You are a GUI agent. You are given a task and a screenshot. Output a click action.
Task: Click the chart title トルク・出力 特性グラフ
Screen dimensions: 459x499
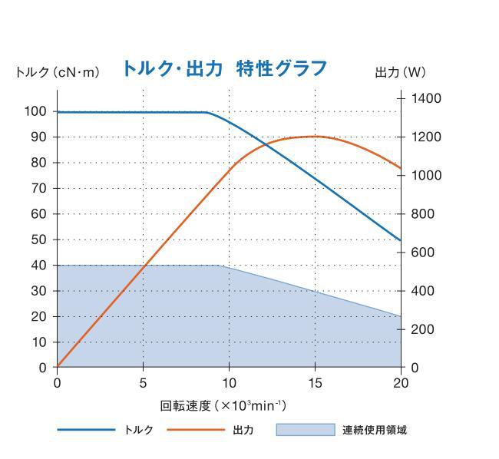(224, 68)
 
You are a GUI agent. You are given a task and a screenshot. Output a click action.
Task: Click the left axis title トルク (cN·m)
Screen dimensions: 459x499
(58, 73)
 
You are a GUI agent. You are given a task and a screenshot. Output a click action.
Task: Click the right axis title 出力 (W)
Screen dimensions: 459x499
(399, 73)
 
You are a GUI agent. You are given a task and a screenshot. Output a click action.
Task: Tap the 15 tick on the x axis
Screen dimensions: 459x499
(315, 382)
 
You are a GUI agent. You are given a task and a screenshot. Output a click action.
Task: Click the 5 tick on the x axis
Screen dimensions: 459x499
(143, 382)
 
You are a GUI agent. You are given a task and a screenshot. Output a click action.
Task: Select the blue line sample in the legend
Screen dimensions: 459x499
(86, 430)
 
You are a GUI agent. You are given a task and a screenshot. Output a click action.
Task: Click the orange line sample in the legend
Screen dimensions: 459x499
(195, 430)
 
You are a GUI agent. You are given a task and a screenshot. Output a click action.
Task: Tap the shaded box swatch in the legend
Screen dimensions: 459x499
(306, 430)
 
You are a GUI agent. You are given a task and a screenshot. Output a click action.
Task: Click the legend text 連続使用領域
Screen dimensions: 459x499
(374, 430)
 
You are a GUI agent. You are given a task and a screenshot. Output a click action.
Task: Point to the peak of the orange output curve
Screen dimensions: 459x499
(315, 136)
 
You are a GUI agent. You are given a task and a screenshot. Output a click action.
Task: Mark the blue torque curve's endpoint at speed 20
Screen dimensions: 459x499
(401, 240)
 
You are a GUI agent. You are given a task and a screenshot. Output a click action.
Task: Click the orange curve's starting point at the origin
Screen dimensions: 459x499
(58, 367)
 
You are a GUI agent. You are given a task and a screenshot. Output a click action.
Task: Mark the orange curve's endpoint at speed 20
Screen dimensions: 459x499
(401, 168)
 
